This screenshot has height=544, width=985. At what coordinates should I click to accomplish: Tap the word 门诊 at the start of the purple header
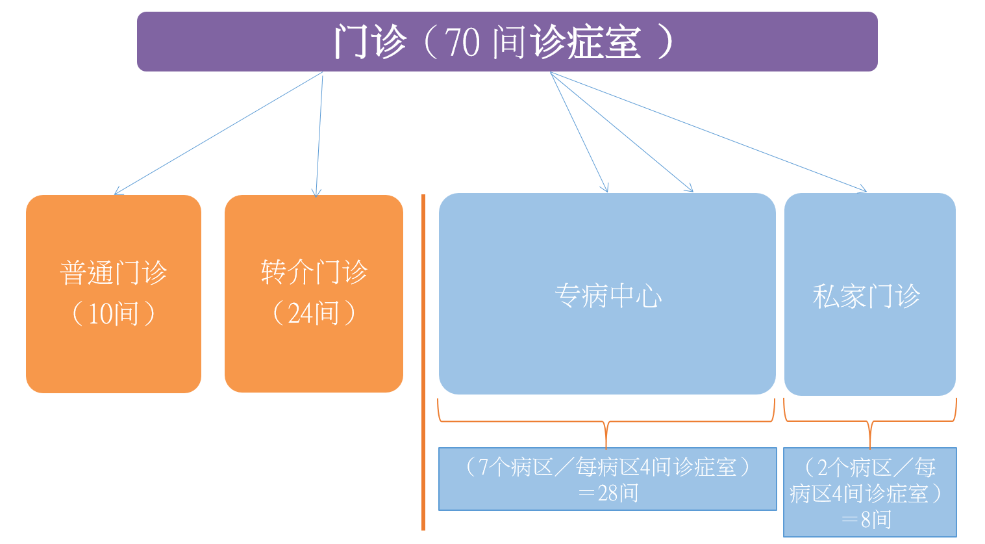[x=370, y=42]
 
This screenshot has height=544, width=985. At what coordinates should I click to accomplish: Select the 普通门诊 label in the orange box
[x=114, y=272]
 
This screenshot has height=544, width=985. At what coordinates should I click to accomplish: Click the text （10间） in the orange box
[x=114, y=313]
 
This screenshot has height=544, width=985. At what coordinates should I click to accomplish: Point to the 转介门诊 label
[x=314, y=272]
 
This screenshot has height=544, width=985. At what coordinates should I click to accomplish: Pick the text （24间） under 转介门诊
[x=314, y=313]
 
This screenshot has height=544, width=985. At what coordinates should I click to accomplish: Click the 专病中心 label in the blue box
[x=608, y=296]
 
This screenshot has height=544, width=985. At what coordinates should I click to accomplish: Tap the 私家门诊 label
[x=866, y=296]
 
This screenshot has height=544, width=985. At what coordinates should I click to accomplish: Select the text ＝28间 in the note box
[x=608, y=493]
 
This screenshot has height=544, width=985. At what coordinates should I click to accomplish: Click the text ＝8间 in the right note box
[x=867, y=520]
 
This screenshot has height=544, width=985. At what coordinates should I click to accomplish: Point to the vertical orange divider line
[x=423, y=362]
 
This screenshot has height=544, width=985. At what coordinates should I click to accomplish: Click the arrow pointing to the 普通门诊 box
[x=219, y=133]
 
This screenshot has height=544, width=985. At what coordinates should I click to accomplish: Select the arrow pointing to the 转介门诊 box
[x=319, y=136]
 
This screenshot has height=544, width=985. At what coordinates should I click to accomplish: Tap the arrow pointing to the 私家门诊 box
[x=708, y=133]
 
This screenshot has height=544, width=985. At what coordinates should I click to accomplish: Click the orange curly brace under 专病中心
[x=606, y=422]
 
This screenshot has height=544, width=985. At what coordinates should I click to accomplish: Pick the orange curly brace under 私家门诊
[x=870, y=421]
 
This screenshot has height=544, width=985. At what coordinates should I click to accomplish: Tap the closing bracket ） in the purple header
[x=665, y=42]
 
